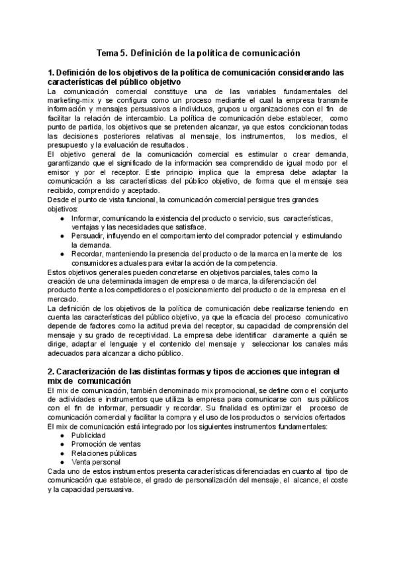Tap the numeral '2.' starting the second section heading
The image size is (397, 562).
tap(51, 371)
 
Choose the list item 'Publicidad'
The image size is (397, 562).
tap(89, 435)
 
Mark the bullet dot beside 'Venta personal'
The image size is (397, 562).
tap(62, 462)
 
